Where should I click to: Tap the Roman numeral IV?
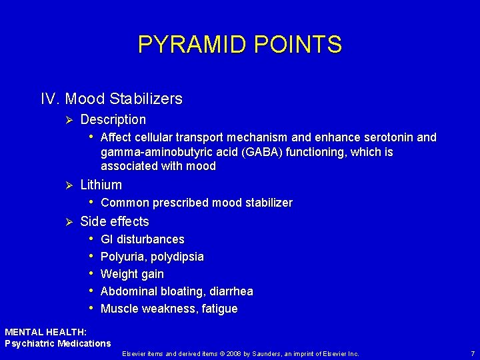(x=51, y=99)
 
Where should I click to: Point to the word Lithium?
(x=101, y=185)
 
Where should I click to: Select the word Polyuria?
(x=123, y=257)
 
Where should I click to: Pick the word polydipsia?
(x=177, y=257)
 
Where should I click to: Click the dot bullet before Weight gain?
(x=91, y=274)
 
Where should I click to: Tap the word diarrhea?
(x=231, y=291)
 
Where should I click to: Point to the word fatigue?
(x=219, y=309)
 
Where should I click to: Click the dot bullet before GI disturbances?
(x=91, y=239)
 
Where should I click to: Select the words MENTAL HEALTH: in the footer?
(x=45, y=331)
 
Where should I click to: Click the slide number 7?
(x=471, y=353)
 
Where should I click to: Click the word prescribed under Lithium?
(x=178, y=203)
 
